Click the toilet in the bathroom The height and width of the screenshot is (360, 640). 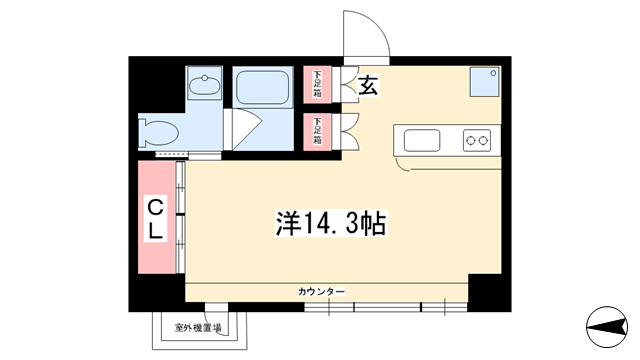(158, 131)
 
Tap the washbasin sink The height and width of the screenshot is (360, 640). (204, 84)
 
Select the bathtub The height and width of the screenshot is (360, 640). (263, 87)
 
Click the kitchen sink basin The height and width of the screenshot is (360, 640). (422, 140)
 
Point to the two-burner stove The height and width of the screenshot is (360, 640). (477, 140)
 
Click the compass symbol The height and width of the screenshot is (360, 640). (607, 327)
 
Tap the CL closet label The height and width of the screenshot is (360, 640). (155, 218)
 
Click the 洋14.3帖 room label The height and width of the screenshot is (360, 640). (331, 223)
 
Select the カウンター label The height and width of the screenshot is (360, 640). (322, 291)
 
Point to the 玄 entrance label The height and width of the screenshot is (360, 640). (368, 85)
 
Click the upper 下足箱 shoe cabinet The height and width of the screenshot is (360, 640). (317, 84)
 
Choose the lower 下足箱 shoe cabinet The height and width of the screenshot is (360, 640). (317, 131)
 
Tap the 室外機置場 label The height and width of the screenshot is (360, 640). (198, 327)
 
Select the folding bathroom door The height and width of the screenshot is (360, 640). (242, 129)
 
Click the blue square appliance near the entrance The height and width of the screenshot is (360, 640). (484, 82)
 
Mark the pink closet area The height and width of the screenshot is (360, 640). (157, 217)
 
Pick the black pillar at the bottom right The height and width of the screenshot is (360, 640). (489, 293)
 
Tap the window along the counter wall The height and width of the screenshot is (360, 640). (386, 307)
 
